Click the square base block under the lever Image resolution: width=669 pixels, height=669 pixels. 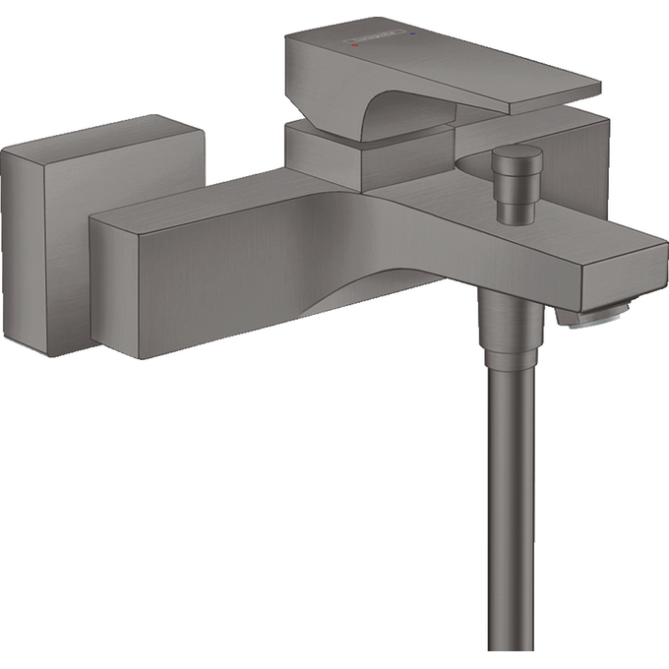coord(325,157)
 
